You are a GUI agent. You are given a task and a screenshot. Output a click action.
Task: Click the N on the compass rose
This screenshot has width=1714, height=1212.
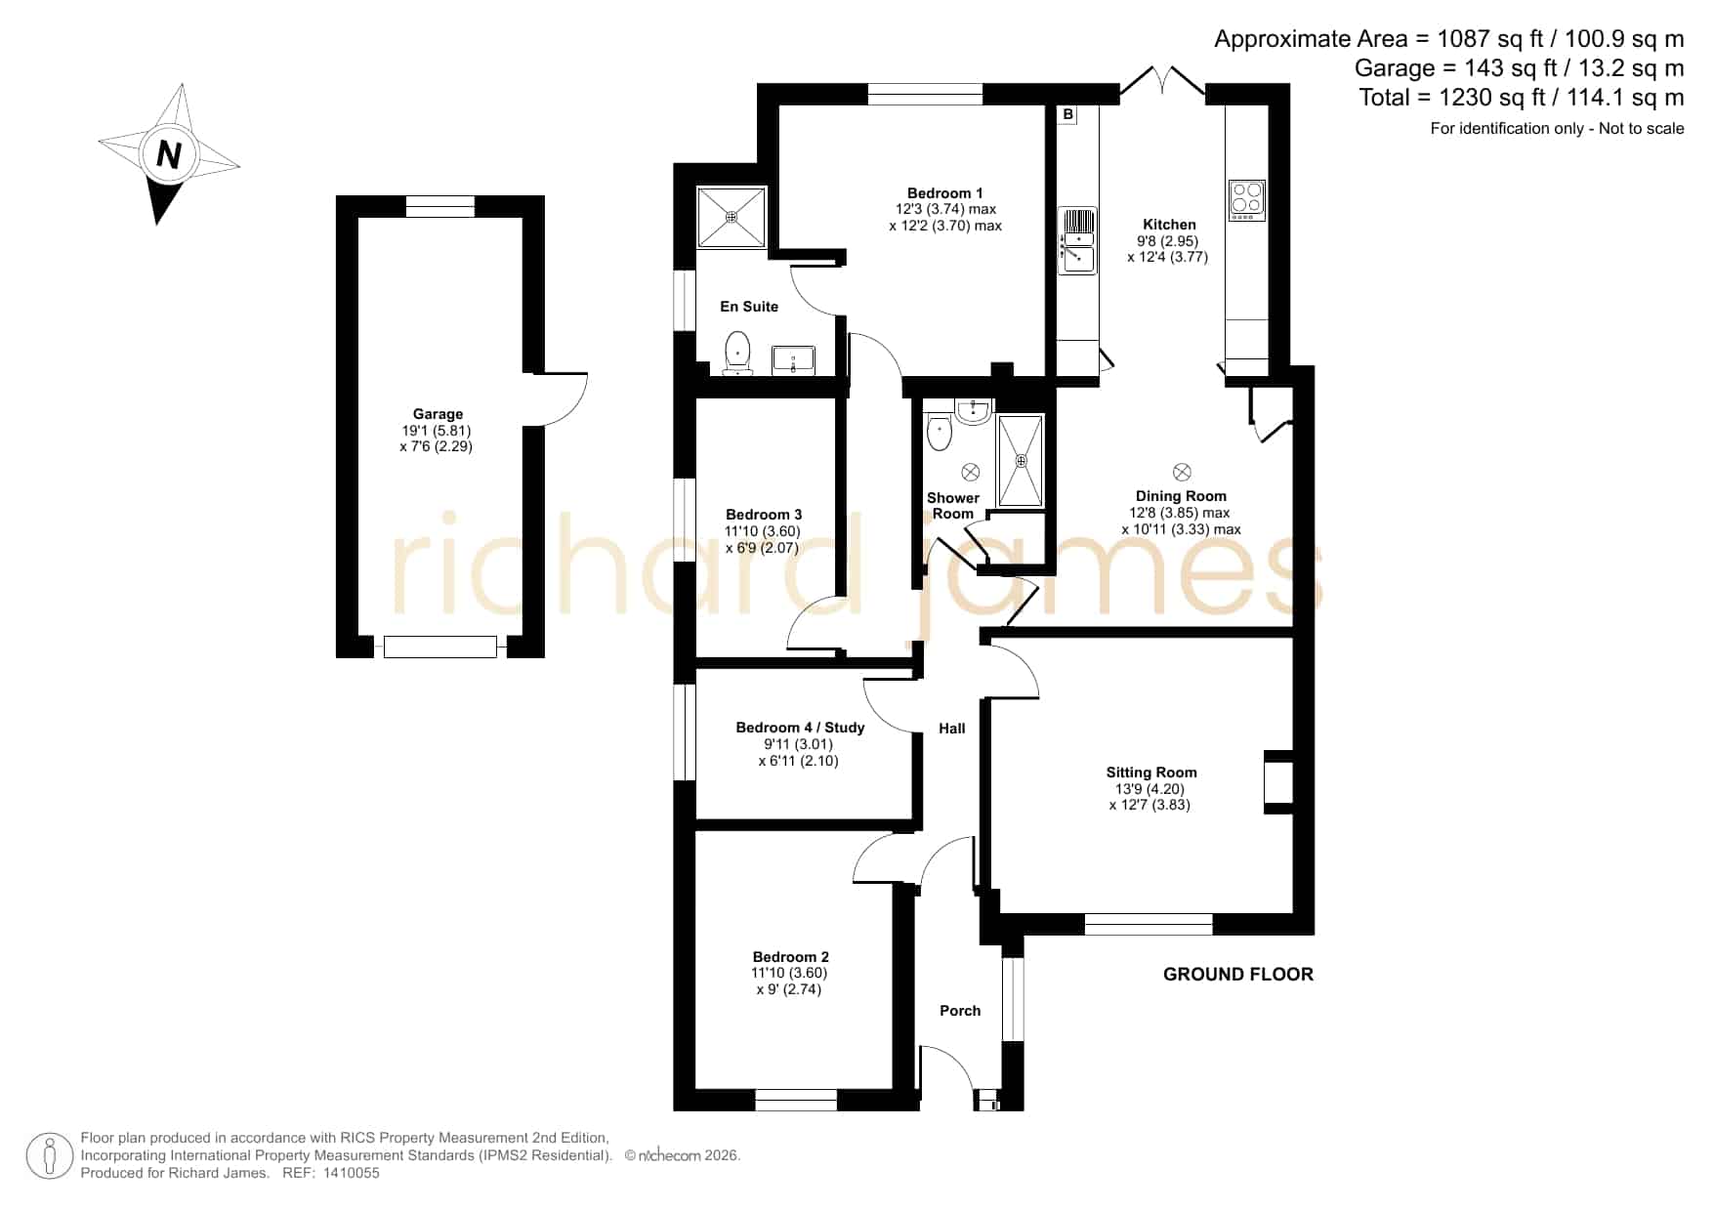pyautogui.click(x=170, y=154)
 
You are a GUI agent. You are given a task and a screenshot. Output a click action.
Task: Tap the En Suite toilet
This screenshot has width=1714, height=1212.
pyautogui.click(x=737, y=353)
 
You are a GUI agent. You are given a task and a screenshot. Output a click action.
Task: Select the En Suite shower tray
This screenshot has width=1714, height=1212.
pyautogui.click(x=732, y=219)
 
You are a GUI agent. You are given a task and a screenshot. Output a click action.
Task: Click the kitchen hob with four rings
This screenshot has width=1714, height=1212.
pyautogui.click(x=1246, y=201)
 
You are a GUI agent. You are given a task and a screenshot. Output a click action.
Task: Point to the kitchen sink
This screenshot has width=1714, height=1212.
pyautogui.click(x=1078, y=241)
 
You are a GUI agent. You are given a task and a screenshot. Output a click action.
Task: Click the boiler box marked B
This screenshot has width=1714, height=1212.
pyautogui.click(x=1068, y=114)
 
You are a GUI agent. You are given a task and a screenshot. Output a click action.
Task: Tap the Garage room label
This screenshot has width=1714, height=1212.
pyautogui.click(x=438, y=414)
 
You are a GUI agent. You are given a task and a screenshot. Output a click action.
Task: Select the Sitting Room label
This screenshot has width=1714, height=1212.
pyautogui.click(x=1151, y=773)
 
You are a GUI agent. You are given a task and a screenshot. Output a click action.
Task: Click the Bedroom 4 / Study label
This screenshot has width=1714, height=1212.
pyautogui.click(x=800, y=728)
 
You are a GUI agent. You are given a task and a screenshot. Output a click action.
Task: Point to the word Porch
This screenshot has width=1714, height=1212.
pyautogui.click(x=960, y=1011)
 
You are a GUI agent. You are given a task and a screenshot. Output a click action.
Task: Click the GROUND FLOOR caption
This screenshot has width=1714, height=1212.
pyautogui.click(x=1238, y=974)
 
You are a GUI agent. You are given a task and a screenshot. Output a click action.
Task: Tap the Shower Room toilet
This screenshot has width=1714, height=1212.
pyautogui.click(x=939, y=431)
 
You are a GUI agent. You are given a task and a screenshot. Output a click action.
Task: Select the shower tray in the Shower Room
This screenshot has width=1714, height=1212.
pyautogui.click(x=1021, y=460)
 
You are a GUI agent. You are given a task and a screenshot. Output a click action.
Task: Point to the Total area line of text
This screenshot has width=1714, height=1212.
pyautogui.click(x=1522, y=98)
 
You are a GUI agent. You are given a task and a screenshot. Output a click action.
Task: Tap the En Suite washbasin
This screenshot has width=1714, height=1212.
pyautogui.click(x=793, y=360)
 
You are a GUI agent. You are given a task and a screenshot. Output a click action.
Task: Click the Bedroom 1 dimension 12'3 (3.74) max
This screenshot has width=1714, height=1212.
pyautogui.click(x=945, y=209)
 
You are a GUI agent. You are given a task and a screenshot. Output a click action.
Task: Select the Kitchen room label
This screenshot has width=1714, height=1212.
pyautogui.click(x=1169, y=225)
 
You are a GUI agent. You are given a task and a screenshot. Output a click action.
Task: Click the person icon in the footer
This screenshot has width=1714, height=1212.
pyautogui.click(x=49, y=1155)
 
